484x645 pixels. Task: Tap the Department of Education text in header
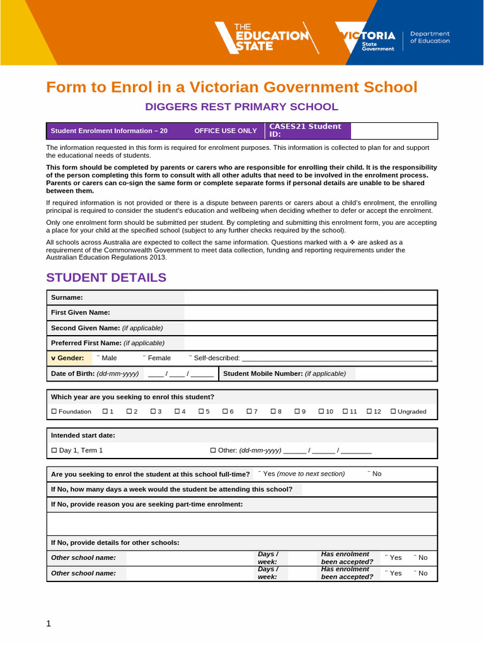point(430,37)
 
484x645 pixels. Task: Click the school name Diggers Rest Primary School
point(242,107)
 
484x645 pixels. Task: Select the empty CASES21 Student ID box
point(393,131)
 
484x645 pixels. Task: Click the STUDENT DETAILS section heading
point(107,278)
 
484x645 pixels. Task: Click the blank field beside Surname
point(310,297)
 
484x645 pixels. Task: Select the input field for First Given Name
point(310,312)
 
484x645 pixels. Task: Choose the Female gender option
point(146,358)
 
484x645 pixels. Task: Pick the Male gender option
point(99,358)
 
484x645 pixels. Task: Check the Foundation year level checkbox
point(54,411)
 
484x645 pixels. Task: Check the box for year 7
point(250,411)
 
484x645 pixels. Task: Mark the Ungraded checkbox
point(394,411)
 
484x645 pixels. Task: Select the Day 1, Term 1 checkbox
point(54,450)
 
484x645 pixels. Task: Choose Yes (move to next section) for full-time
point(260,474)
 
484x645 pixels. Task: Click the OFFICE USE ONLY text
point(226,131)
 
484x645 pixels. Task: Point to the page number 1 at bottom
point(48,624)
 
